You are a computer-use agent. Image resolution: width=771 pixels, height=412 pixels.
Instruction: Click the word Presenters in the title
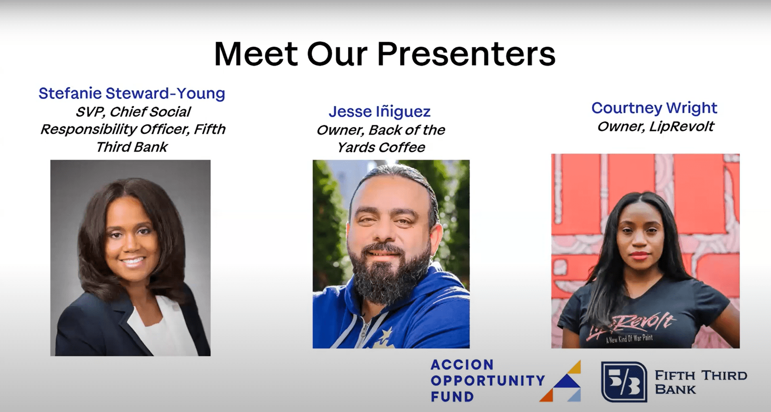tap(466, 54)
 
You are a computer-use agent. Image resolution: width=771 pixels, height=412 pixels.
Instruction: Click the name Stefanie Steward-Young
tap(132, 93)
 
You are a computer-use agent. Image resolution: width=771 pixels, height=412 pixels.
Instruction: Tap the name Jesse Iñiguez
tap(379, 111)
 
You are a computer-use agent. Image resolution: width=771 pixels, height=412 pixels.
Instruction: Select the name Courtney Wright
tap(654, 108)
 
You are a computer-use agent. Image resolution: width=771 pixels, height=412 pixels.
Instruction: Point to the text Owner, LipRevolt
tap(656, 126)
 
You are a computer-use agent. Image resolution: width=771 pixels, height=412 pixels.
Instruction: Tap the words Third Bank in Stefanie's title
tap(132, 147)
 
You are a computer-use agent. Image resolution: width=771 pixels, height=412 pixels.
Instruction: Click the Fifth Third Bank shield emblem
tap(624, 382)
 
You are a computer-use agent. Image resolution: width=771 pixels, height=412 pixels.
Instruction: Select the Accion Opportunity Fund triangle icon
tap(560, 381)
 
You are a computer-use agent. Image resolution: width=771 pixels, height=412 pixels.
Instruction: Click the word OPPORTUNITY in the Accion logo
tap(488, 380)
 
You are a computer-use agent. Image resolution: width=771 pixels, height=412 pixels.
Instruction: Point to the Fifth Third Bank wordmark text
tap(700, 382)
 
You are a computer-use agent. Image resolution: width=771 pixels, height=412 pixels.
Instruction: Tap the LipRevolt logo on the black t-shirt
tap(630, 327)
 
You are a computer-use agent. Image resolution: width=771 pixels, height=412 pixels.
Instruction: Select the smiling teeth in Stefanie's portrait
tap(133, 261)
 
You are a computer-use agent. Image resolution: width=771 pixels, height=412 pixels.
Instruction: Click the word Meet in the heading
tap(256, 54)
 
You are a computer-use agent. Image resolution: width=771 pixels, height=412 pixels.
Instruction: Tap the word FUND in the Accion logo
tap(452, 397)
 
